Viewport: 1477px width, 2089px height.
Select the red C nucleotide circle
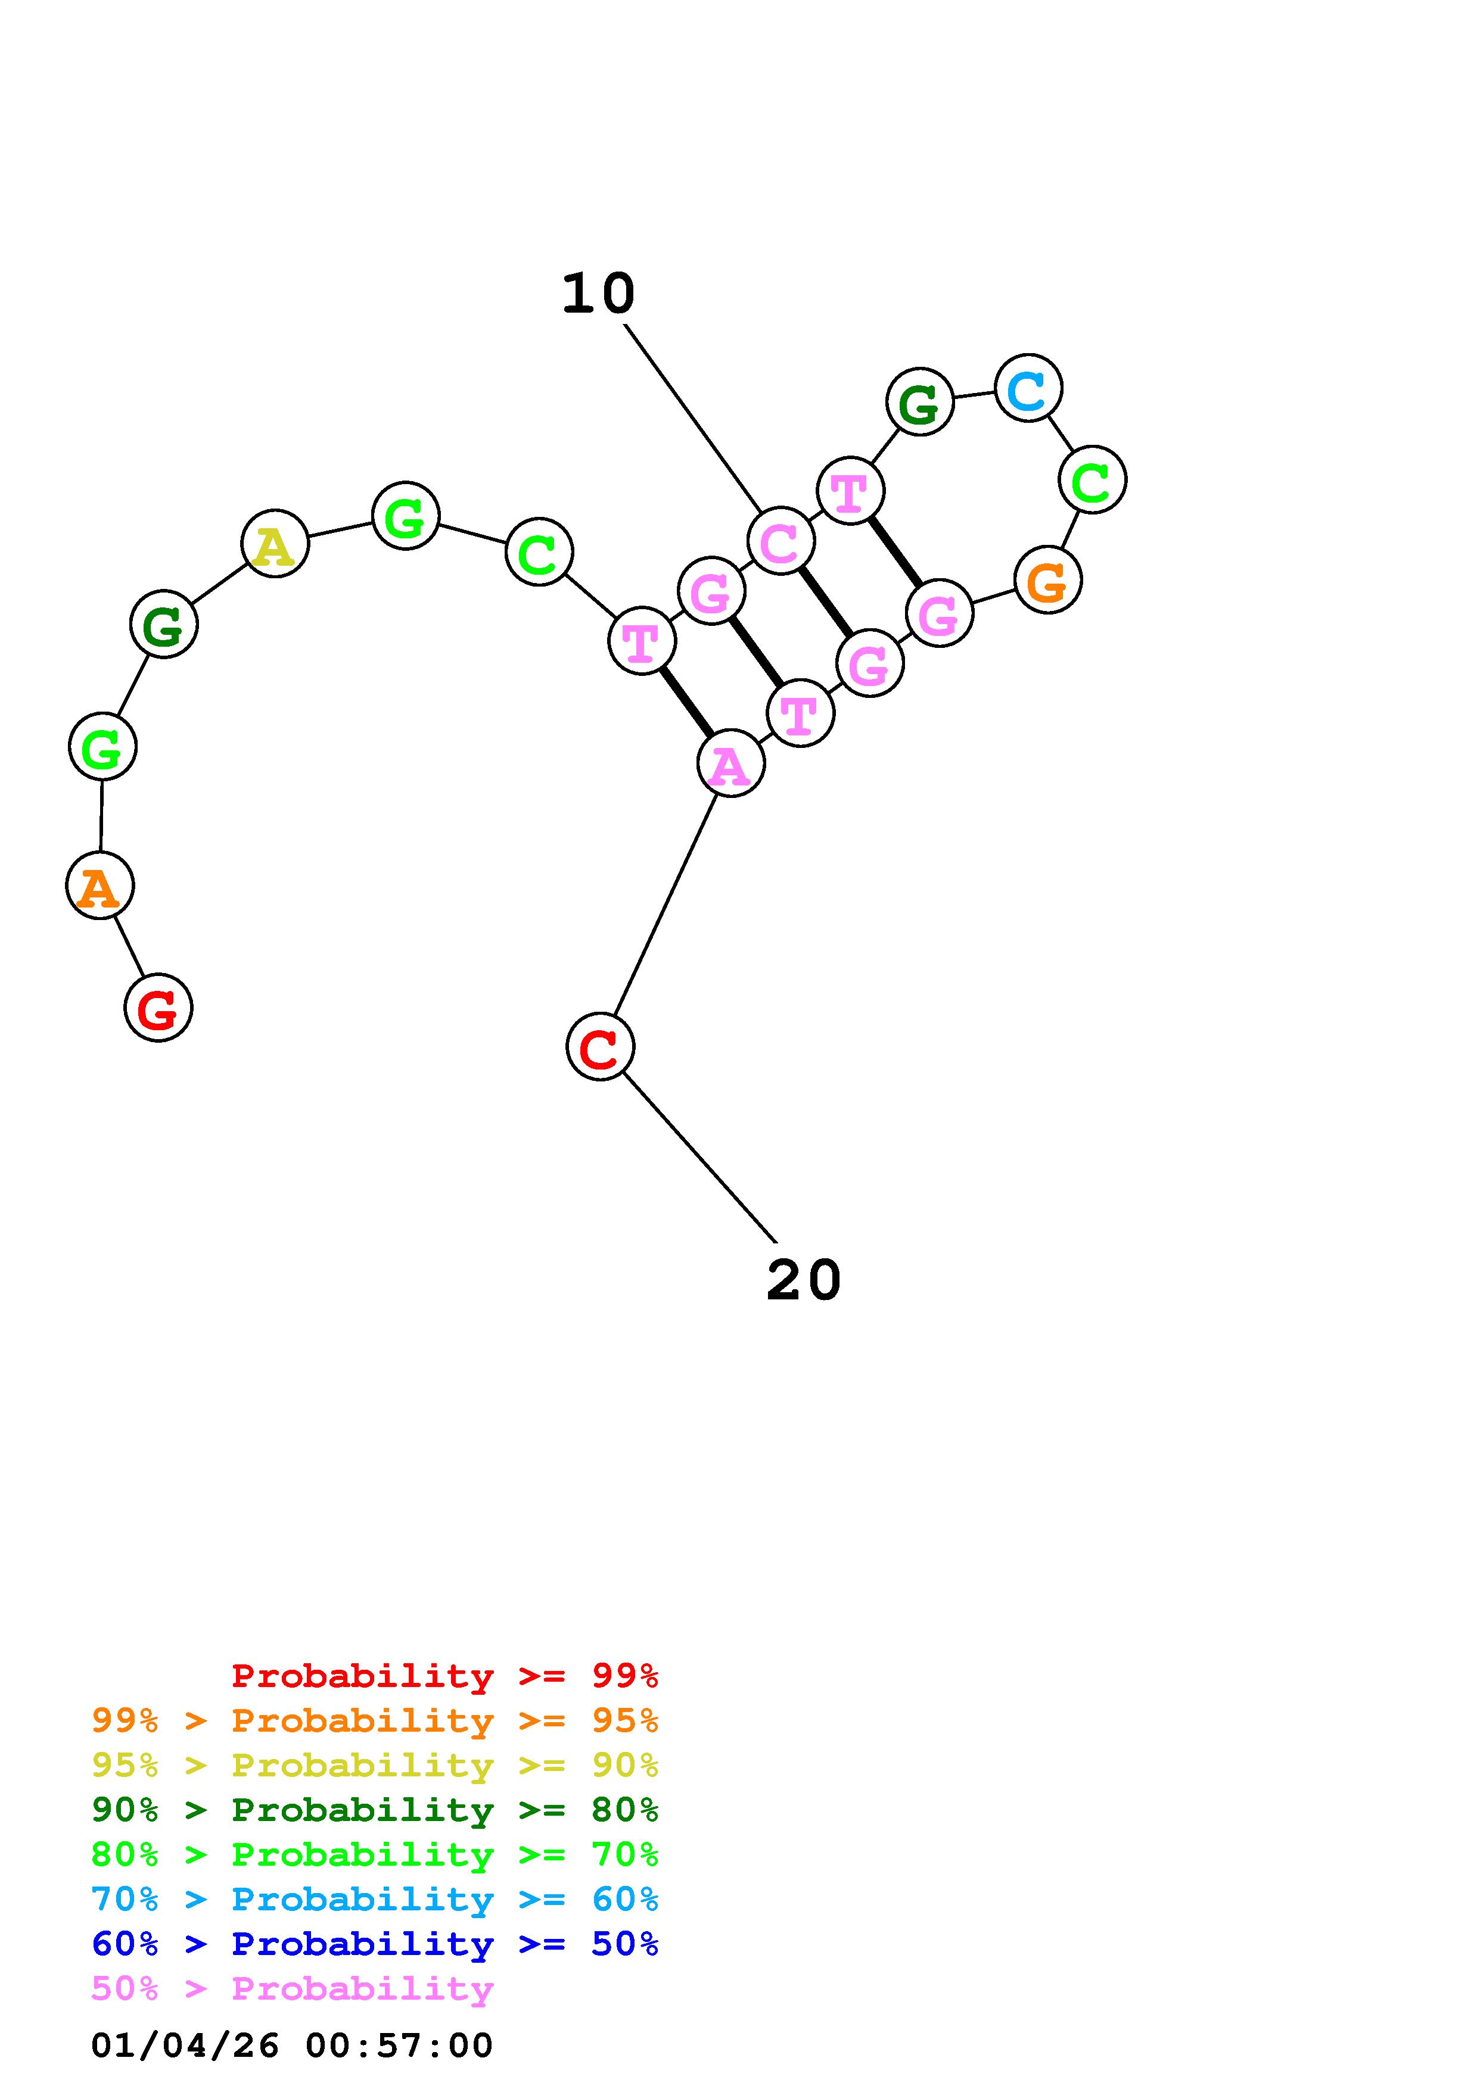[600, 1047]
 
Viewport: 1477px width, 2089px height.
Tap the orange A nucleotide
[100, 886]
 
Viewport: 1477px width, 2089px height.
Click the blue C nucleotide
[1028, 388]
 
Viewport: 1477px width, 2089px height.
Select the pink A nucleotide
[731, 763]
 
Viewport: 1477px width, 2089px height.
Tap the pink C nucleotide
[781, 541]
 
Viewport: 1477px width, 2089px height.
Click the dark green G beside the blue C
[920, 401]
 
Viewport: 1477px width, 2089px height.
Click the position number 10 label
[598, 294]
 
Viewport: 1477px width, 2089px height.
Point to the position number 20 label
[804, 1280]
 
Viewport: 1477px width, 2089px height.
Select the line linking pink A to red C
[666, 905]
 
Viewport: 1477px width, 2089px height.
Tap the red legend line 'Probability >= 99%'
[445, 1676]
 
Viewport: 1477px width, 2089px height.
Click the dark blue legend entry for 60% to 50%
[375, 1944]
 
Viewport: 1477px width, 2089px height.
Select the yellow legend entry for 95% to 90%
[375, 1765]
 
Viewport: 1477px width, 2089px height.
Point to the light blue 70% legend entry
[375, 1900]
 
